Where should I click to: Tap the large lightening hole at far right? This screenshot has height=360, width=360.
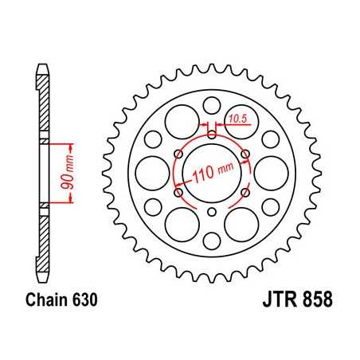click(x=270, y=171)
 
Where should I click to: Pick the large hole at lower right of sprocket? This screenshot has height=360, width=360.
click(x=241, y=222)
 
